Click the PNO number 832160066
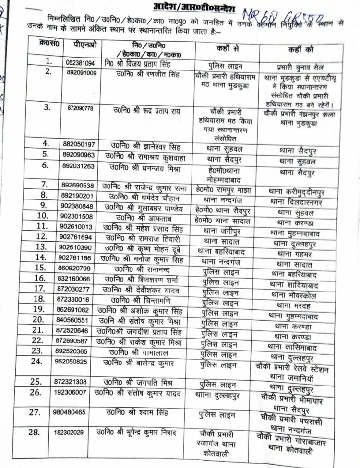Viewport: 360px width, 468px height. coord(79,278)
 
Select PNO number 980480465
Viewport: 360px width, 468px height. coord(79,411)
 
